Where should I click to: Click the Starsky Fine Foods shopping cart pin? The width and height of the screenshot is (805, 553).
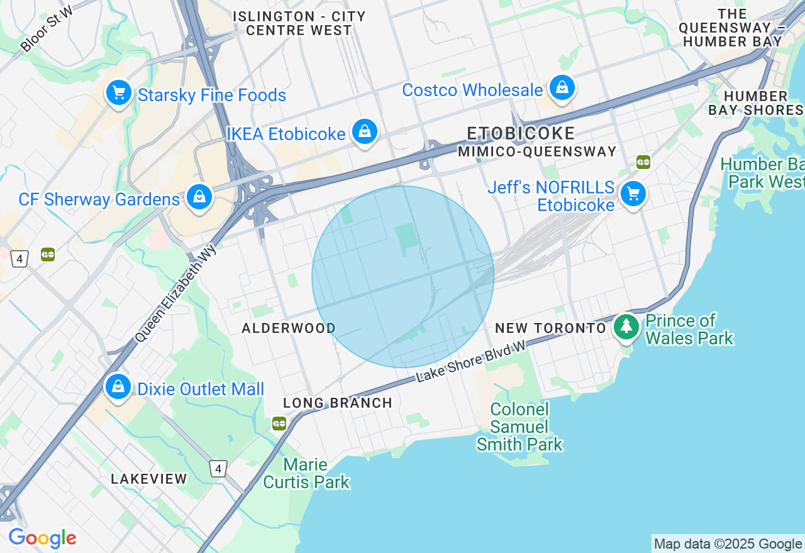118,94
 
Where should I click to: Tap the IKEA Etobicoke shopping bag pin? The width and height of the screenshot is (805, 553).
365,132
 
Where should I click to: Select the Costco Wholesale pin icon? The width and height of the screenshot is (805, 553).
562,88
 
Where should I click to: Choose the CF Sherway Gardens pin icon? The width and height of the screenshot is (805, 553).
199,198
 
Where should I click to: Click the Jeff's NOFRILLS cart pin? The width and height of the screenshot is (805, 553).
633,194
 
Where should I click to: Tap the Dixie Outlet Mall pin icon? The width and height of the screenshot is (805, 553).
118,387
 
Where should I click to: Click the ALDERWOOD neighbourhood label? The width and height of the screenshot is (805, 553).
289,328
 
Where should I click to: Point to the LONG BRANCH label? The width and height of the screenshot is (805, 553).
338,403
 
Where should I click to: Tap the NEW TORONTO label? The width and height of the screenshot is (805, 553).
550,328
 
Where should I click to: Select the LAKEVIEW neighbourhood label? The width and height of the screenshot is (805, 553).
149,479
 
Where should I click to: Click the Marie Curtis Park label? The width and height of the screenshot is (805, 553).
306,474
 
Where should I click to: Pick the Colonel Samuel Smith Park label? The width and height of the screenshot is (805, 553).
519,427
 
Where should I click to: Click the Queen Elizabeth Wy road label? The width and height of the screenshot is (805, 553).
175,293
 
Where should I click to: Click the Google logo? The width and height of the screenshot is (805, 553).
42,539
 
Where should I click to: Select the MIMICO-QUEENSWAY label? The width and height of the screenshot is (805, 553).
537,151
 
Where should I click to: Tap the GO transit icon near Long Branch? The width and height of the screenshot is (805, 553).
279,424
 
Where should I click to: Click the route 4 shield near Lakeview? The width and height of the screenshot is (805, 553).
218,468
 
